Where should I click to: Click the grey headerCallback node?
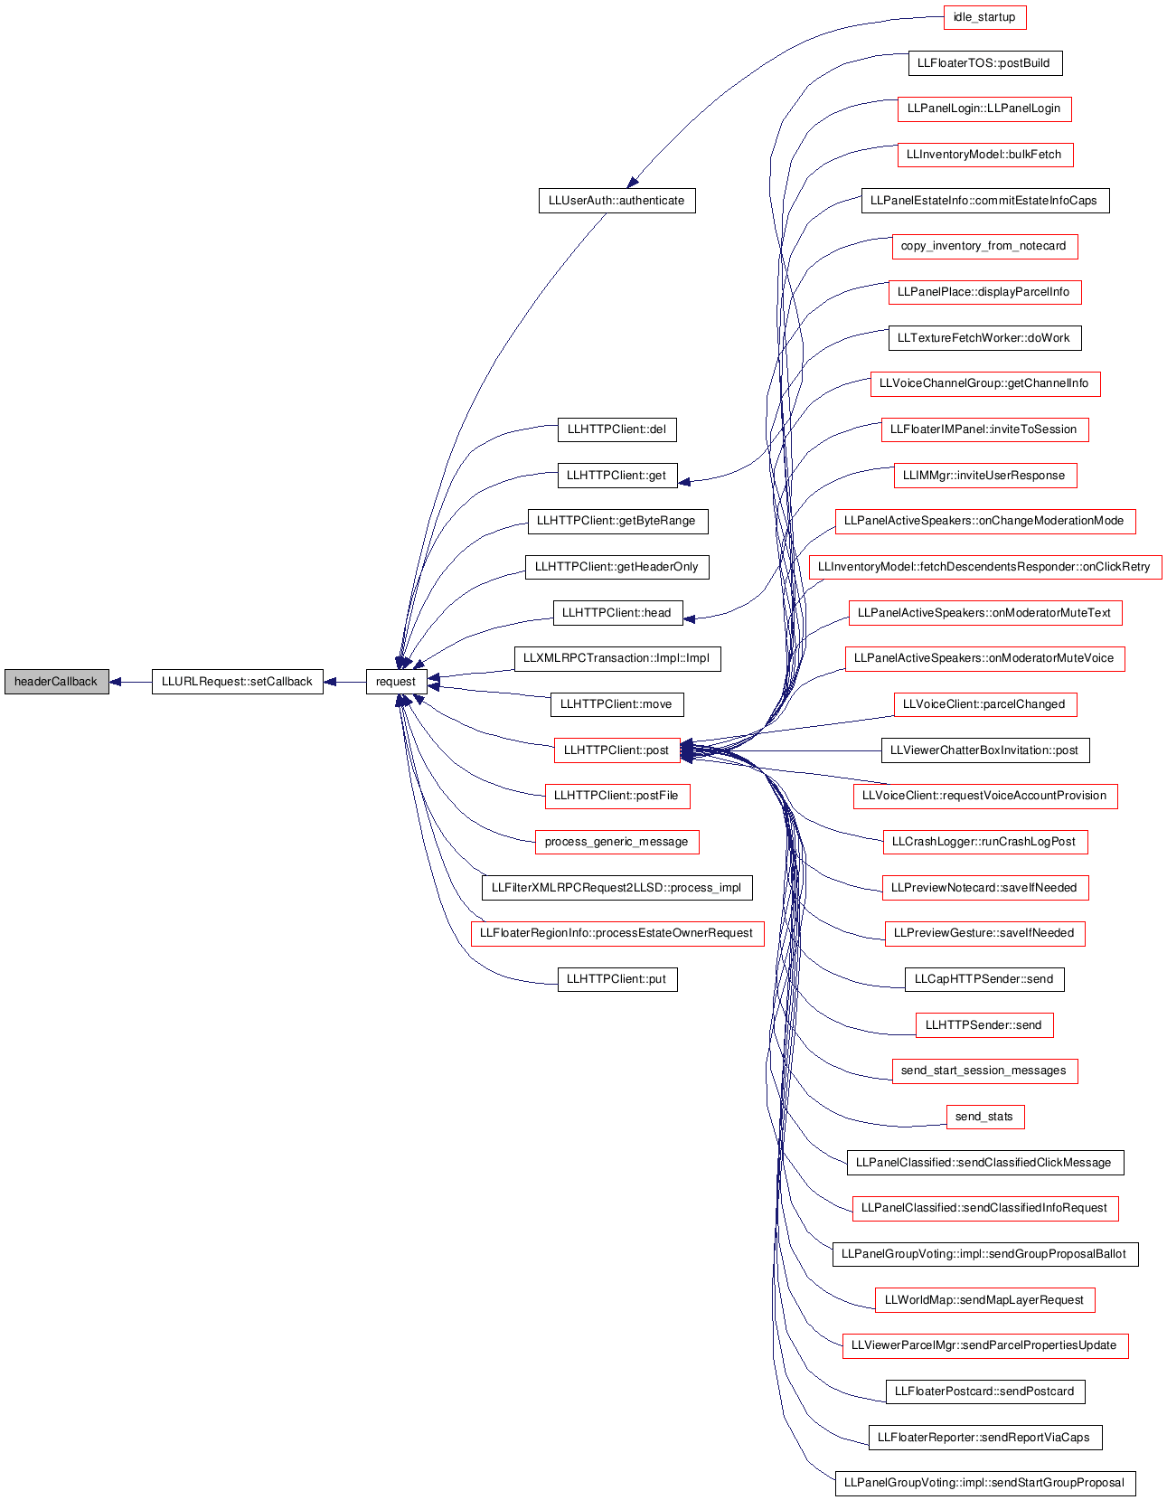(57, 682)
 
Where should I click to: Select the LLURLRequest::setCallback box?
(238, 682)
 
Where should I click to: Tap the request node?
(396, 682)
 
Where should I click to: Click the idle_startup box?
(984, 17)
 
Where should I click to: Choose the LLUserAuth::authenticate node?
(617, 201)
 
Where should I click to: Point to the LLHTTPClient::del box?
(617, 429)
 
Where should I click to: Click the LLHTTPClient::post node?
(617, 750)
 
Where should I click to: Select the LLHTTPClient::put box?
(617, 979)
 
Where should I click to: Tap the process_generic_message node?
(617, 842)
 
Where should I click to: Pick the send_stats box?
(984, 1117)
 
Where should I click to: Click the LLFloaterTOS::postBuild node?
(984, 62)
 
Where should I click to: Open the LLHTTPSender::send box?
(984, 1024)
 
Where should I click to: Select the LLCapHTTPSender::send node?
(984, 979)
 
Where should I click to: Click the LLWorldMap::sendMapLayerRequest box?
(984, 1300)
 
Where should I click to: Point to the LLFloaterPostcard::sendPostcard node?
(984, 1391)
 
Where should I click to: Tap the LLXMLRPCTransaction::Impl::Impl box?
(617, 658)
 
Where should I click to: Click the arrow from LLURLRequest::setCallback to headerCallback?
(130, 682)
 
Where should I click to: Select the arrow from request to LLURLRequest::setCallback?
(344, 682)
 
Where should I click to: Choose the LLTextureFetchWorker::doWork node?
(984, 337)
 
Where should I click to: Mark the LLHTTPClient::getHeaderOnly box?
(617, 567)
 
